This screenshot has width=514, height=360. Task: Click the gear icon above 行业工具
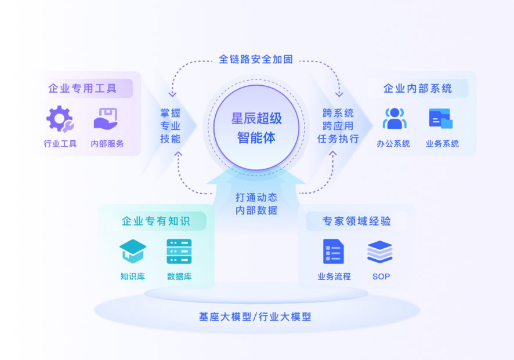click(60, 119)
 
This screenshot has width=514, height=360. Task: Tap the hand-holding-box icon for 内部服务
click(106, 119)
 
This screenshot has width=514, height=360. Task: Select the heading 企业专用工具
click(82, 89)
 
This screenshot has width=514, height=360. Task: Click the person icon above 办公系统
click(394, 119)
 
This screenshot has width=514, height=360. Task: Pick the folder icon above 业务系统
click(441, 119)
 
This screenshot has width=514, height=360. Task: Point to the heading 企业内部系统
click(418, 89)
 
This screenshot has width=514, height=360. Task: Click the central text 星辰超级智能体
click(256, 128)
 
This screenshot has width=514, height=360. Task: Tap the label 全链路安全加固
click(256, 59)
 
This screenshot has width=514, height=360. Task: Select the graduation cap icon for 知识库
click(133, 251)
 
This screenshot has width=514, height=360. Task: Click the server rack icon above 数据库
click(179, 251)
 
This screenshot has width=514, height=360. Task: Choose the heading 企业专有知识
click(155, 221)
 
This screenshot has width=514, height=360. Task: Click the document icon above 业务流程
click(334, 251)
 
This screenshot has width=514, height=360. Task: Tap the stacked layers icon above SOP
click(380, 252)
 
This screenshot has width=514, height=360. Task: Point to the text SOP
click(381, 277)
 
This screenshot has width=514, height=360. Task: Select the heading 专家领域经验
click(357, 221)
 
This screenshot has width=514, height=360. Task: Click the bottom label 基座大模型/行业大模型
click(255, 317)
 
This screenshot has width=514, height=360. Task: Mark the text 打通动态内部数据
click(256, 203)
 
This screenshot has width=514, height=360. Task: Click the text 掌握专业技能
click(170, 126)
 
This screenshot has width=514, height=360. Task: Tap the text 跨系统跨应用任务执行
click(338, 126)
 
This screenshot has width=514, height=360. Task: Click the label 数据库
click(179, 277)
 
